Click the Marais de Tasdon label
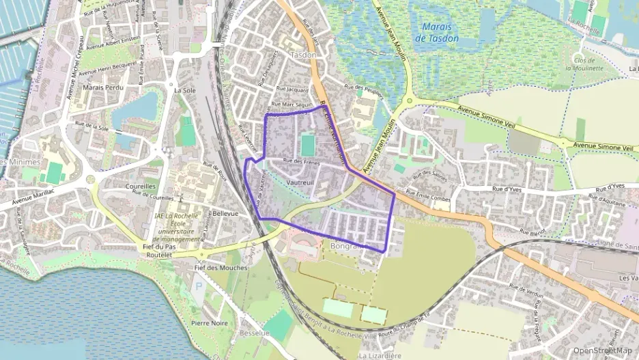(440, 32)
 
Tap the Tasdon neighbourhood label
(303, 55)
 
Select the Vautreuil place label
(301, 182)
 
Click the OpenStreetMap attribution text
(603, 350)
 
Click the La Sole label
(184, 89)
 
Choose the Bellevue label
(225, 213)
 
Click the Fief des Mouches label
(221, 268)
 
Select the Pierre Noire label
(210, 322)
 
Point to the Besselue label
(255, 333)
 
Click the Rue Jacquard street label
(292, 89)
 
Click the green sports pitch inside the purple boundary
(308, 144)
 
